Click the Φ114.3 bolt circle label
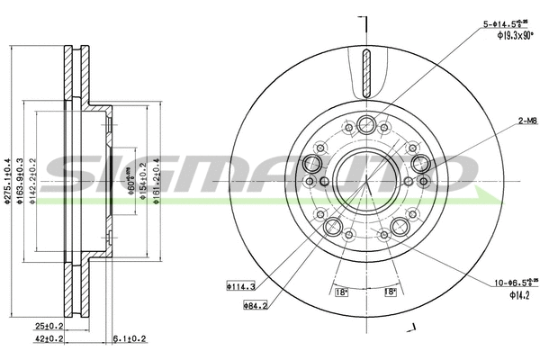click(x=240, y=287)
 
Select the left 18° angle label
click(x=341, y=293)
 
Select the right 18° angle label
click(x=390, y=293)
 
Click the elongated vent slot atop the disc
click(x=366, y=75)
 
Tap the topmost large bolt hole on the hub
click(x=366, y=125)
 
